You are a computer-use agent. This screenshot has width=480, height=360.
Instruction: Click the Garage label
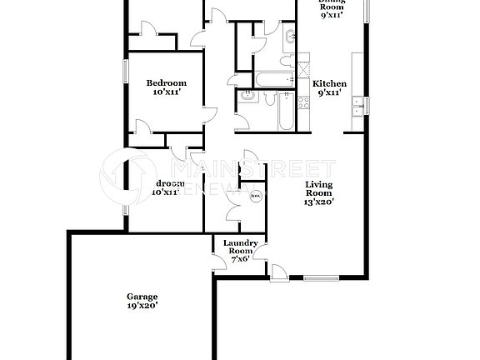142,297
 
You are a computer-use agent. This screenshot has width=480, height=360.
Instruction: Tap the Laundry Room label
241,247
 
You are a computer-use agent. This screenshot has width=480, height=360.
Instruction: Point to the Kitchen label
329,83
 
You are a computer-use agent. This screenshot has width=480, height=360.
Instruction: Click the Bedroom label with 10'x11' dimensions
166,82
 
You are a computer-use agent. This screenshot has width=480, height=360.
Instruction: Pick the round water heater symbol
256,197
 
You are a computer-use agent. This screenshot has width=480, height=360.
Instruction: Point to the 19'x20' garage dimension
142,306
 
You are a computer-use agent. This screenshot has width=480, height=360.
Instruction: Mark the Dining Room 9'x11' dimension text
332,13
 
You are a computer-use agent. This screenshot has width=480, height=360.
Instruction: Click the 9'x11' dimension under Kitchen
329,93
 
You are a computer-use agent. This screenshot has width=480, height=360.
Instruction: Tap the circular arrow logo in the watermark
125,175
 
